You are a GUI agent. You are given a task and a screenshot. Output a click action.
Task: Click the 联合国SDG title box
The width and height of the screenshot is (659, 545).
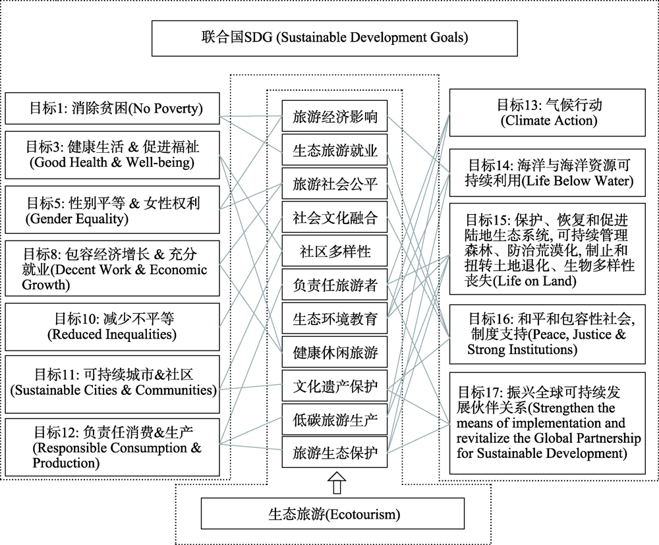click(335, 38)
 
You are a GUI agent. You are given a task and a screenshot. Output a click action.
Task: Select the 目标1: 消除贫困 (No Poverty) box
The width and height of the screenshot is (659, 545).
click(112, 109)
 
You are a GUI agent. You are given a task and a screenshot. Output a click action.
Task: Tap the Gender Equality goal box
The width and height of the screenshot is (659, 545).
click(112, 210)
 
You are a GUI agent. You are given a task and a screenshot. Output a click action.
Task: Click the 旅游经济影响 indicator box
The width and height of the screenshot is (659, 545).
click(335, 118)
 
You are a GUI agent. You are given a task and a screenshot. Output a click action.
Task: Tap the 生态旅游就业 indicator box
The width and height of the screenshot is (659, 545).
click(335, 151)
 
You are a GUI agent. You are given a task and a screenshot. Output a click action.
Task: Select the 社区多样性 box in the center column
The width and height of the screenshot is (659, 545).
click(335, 251)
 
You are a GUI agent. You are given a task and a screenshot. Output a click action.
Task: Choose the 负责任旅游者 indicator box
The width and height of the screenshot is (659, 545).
click(335, 285)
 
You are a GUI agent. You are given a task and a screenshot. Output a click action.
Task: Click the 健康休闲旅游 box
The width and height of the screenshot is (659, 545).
click(335, 353)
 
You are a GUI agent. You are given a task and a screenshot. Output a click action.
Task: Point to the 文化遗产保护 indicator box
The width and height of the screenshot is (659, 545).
click(335, 386)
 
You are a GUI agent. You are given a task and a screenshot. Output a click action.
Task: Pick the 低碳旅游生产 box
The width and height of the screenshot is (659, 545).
click(335, 420)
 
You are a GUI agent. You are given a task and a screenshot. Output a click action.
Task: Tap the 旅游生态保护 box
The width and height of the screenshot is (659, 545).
click(335, 453)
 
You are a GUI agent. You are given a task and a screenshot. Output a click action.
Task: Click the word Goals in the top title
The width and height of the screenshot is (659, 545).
click(447, 38)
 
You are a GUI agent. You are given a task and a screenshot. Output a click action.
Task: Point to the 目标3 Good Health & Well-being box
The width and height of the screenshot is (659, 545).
click(112, 154)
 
